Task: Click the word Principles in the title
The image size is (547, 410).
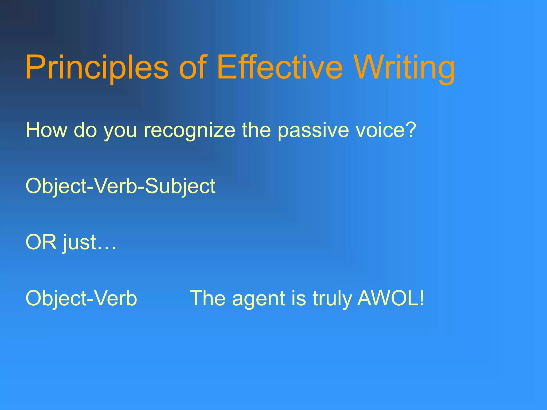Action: coord(97,67)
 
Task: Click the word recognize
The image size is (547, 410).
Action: coord(189,130)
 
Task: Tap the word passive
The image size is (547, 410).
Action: coord(312,130)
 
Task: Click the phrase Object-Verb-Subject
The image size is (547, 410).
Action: coord(120,186)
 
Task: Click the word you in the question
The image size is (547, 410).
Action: coord(120,131)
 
